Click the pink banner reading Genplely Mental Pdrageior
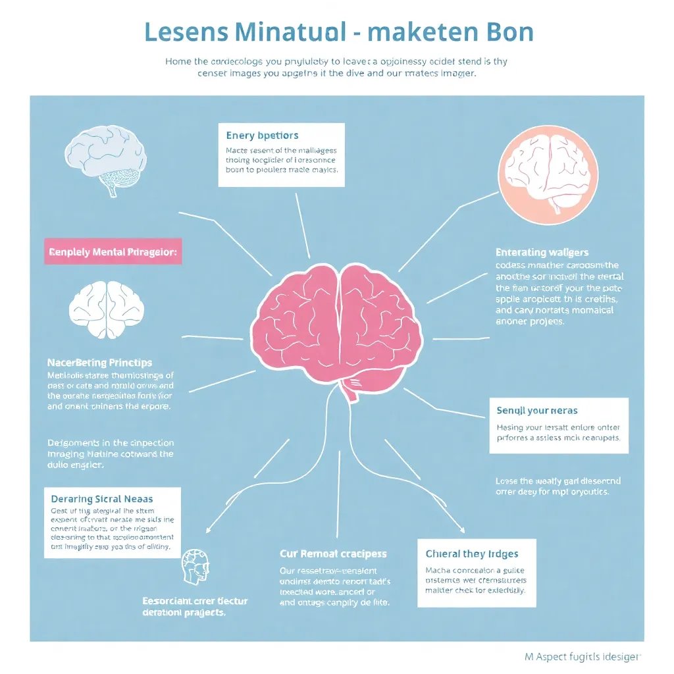pos(113,251)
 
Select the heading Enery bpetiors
pos(262,136)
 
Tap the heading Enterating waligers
pos(542,252)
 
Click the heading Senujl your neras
pos(536,411)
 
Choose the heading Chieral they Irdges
pos(472,554)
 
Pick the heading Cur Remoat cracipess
pos(333,554)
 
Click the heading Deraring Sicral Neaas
pos(106,499)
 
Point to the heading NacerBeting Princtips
pos(99,363)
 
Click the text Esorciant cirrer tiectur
pos(195,601)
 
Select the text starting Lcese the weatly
pos(557,486)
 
